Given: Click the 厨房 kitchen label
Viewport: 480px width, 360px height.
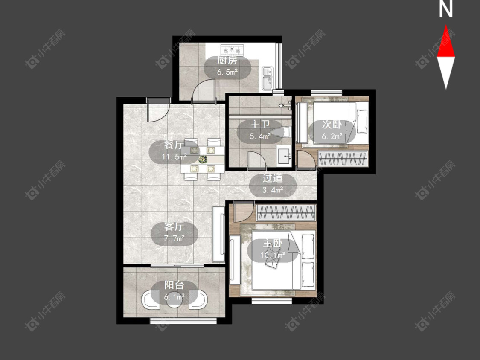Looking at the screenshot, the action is pos(227,60).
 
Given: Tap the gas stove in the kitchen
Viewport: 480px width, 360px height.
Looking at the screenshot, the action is pos(232,49).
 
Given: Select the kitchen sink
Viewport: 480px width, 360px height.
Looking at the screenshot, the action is pos(268,78).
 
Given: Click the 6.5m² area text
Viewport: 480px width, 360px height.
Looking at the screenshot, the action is pos(227,73).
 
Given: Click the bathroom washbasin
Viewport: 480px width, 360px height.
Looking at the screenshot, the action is pos(284,156).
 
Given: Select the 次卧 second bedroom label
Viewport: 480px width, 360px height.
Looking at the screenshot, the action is pos(332,125).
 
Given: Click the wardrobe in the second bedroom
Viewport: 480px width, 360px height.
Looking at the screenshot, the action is pos(343,159).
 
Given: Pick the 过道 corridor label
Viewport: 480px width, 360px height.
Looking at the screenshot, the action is pos(273,178).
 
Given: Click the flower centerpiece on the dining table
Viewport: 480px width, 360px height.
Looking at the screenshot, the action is pos(202,159).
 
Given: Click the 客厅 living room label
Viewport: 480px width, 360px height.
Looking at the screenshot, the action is pos(174,226).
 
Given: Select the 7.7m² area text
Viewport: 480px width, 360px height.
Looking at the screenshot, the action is pos(174,238).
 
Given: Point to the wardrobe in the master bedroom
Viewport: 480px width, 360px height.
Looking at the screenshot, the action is pos(286,212).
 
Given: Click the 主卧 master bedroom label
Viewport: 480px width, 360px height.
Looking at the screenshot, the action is pos(273,244).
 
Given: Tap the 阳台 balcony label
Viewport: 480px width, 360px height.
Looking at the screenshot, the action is pos(174,285).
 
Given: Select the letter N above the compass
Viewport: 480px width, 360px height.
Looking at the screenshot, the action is pos(446,9).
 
